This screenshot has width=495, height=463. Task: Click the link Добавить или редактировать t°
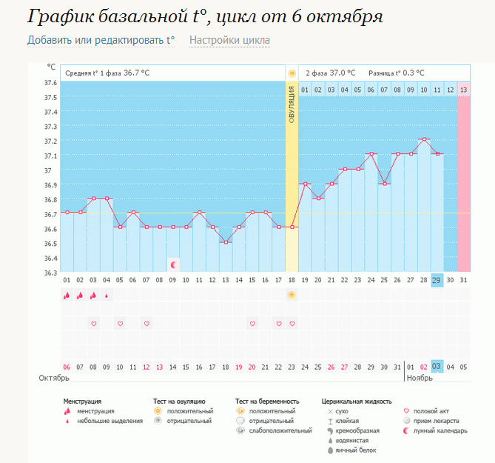[101, 40]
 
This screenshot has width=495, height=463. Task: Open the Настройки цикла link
[229, 40]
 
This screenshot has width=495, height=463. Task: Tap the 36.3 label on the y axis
[50, 272]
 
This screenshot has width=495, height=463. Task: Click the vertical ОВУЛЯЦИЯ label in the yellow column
[292, 104]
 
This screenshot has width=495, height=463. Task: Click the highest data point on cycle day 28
[423, 139]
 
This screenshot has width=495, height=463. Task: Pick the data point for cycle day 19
[304, 183]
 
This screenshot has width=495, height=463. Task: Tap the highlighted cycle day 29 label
[437, 280]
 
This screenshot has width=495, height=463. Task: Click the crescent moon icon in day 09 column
[173, 264]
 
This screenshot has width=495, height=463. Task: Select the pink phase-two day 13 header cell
[463, 90]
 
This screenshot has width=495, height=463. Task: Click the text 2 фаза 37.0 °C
[330, 73]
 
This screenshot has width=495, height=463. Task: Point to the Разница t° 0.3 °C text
[397, 73]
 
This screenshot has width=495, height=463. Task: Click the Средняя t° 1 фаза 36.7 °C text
[107, 73]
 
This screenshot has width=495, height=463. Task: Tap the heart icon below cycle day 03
[94, 323]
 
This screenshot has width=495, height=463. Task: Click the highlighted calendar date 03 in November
[437, 366]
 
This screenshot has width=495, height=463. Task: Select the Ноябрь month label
[420, 378]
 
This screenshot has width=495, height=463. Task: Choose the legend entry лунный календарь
[440, 430]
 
